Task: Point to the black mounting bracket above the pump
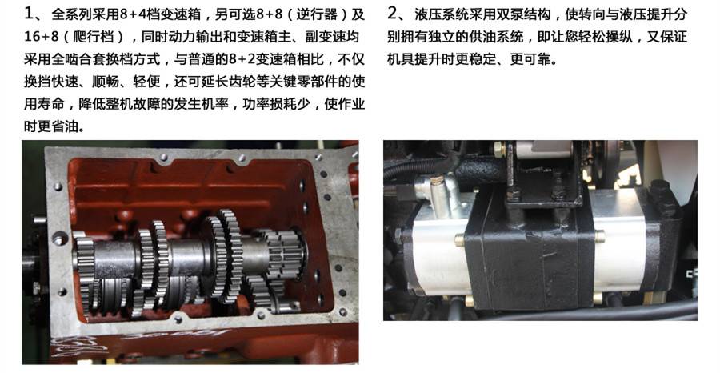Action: tap(544, 180)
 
